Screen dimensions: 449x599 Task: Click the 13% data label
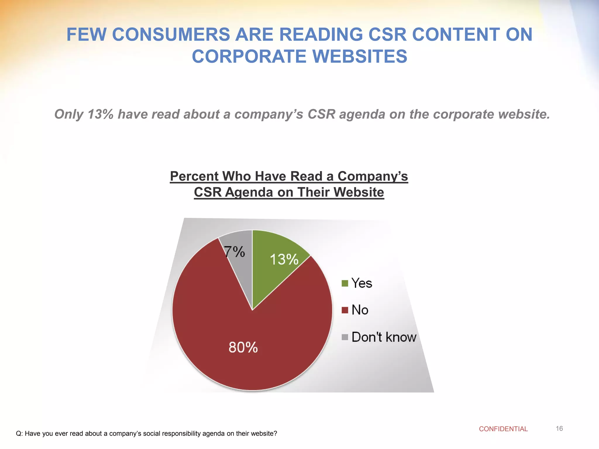pos(284,260)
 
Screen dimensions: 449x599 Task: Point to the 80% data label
pos(243,347)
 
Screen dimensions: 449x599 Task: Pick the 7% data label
pos(234,252)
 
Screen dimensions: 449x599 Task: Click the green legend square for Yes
pos(345,283)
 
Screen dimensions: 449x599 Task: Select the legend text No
pos(360,310)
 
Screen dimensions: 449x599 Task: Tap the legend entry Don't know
pos(383,337)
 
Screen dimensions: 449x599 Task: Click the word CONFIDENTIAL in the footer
pos(503,429)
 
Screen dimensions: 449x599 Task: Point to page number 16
pos(559,429)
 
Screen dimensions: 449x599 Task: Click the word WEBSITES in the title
pos(360,56)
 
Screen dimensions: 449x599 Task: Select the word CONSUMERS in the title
pos(171,34)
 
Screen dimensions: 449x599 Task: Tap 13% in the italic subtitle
pos(100,114)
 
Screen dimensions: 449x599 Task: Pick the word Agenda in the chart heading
pos(249,192)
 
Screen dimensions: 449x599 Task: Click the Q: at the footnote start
pos(19,434)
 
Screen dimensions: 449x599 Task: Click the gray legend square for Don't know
pos(345,337)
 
